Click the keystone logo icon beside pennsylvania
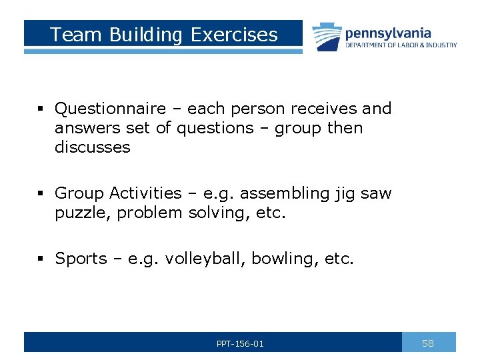tap(326, 36)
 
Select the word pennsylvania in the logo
tap(387, 33)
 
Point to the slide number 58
tap(428, 343)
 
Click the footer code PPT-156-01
tap(240, 344)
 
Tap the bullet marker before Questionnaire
tap(41, 109)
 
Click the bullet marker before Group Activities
tap(41, 194)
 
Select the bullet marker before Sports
tap(41, 259)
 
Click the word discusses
tap(93, 147)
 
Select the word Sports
tap(81, 259)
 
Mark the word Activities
tap(145, 193)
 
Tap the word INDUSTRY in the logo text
tap(442, 45)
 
